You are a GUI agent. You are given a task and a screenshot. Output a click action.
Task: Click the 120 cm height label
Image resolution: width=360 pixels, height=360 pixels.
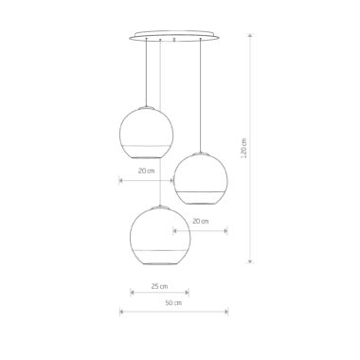[x=243, y=148]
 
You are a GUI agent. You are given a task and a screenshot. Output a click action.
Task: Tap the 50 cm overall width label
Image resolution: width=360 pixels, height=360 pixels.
[x=173, y=303]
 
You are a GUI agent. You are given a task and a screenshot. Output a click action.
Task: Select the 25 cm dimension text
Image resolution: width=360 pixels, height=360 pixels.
[x=159, y=286]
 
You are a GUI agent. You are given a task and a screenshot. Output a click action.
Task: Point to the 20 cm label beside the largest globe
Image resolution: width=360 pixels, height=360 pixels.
[x=201, y=221]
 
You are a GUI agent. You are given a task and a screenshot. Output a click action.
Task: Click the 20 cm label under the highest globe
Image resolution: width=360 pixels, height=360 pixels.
[x=146, y=171]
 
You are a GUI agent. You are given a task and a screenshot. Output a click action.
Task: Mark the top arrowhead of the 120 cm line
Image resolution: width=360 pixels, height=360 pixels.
[x=250, y=36]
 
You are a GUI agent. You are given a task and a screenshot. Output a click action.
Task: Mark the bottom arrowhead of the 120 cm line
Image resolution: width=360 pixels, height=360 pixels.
[x=250, y=261]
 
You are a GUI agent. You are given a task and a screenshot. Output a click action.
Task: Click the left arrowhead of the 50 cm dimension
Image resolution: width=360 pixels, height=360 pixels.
[x=121, y=312]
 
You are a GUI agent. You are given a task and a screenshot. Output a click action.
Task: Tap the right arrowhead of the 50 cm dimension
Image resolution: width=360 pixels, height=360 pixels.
[x=225, y=312]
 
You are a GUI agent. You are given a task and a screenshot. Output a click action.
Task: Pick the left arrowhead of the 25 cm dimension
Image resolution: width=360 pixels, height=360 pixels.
[x=133, y=293]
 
